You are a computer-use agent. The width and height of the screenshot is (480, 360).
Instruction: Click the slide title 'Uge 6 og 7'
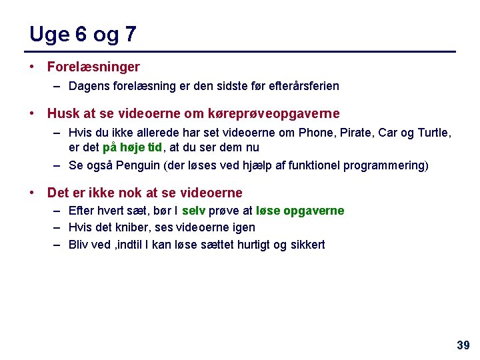(x=83, y=34)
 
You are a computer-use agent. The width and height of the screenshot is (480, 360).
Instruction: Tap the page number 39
(x=463, y=345)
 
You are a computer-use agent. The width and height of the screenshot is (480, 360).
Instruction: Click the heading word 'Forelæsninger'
(x=93, y=67)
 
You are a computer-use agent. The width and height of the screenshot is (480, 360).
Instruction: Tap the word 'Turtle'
(x=433, y=133)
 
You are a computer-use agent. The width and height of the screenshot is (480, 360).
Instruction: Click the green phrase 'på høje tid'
(x=133, y=147)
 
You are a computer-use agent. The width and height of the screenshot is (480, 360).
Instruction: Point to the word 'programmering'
(x=388, y=165)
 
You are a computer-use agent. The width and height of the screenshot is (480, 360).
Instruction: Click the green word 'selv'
(x=193, y=211)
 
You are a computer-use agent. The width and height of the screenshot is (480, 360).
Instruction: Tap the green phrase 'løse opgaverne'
(x=300, y=211)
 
